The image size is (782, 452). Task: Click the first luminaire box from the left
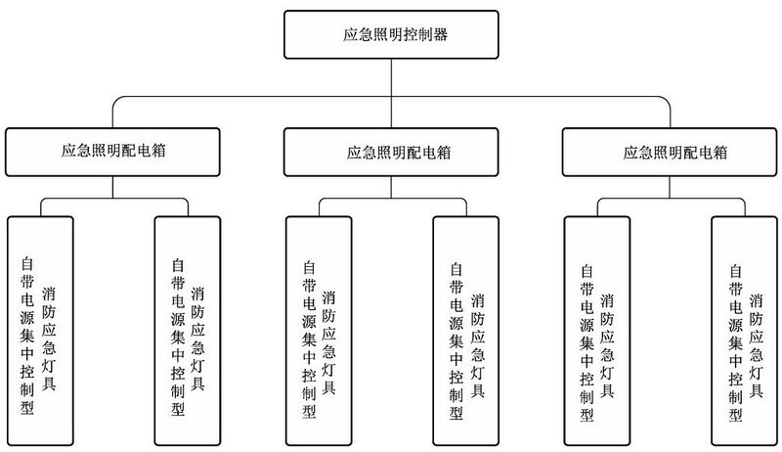pyautogui.click(x=39, y=328)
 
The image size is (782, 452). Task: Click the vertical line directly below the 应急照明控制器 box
pyautogui.click(x=392, y=76)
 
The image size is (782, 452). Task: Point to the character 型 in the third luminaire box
pyautogui.click(x=309, y=412)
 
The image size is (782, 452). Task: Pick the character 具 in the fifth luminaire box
pyautogui.click(x=607, y=388)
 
